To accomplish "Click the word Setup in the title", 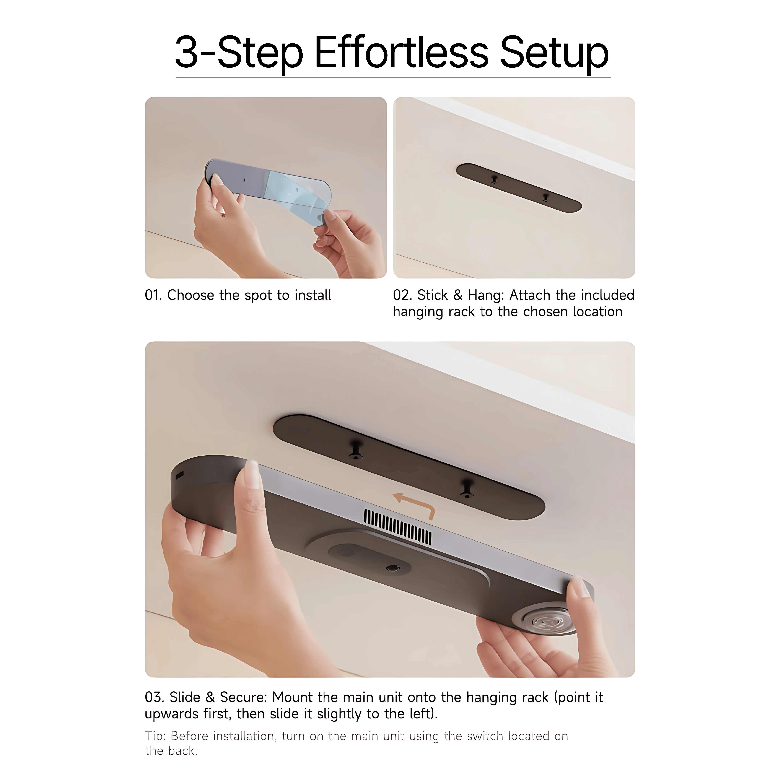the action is coord(554,55).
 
